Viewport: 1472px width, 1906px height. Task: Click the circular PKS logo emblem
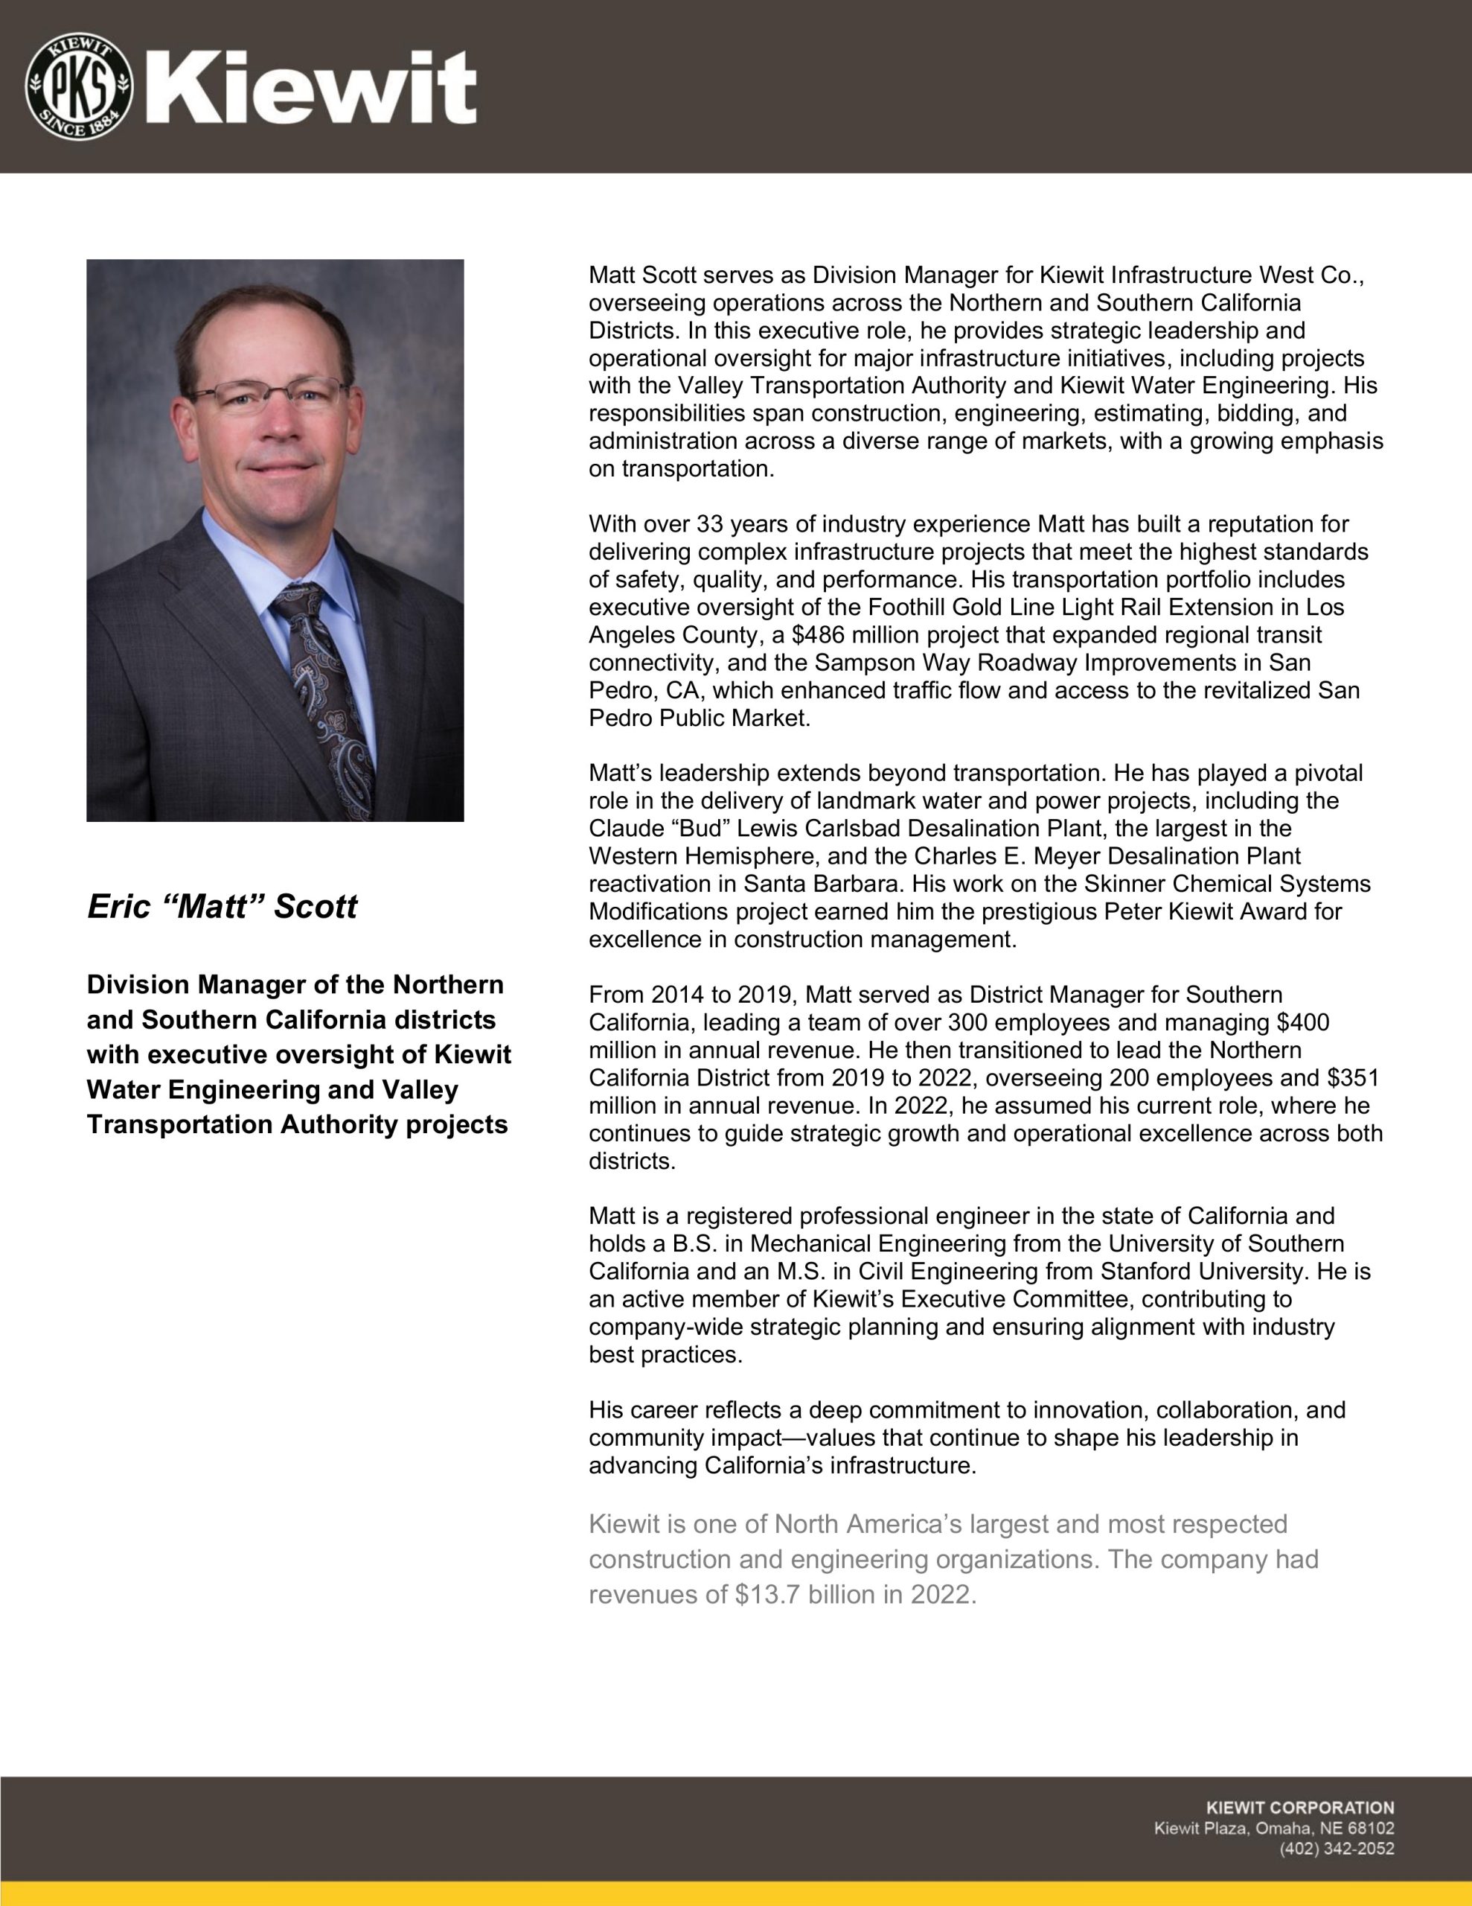pyautogui.click(x=80, y=87)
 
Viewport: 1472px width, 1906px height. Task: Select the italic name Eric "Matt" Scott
pyautogui.click(x=222, y=907)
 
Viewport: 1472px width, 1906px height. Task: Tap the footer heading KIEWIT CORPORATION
pyautogui.click(x=1299, y=1808)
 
